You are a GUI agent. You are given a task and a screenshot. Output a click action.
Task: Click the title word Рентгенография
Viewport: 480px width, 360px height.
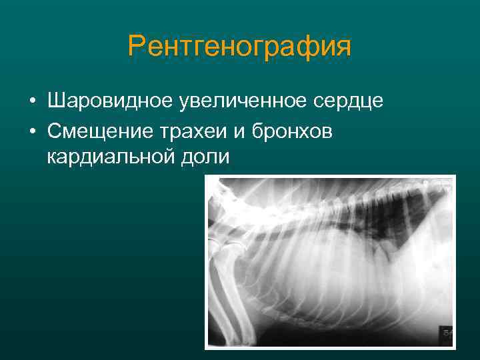pos(239,47)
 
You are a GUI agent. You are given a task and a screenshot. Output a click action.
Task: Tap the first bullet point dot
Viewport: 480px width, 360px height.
pos(31,103)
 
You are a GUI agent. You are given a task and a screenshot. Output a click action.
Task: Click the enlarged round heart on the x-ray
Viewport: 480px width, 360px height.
pos(333,267)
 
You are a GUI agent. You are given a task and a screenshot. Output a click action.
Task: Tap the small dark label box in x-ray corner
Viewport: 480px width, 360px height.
pos(446,331)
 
